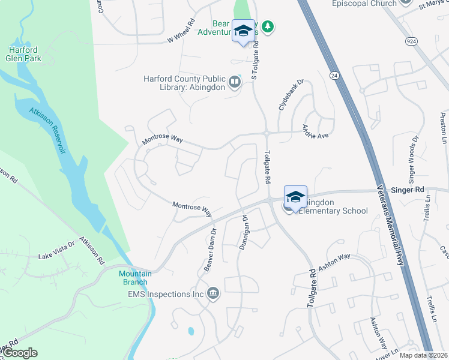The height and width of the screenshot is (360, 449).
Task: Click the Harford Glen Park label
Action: pos(23,54)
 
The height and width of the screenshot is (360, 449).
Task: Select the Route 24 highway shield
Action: pos(333,74)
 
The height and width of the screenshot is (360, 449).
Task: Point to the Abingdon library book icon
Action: pos(235,81)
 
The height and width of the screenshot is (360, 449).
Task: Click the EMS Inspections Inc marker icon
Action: pos(212,293)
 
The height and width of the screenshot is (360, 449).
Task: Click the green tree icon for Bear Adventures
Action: pos(268,26)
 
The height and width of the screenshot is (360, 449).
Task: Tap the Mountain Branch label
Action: pos(135,278)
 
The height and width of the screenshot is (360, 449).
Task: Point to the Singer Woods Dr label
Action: pos(413,159)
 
